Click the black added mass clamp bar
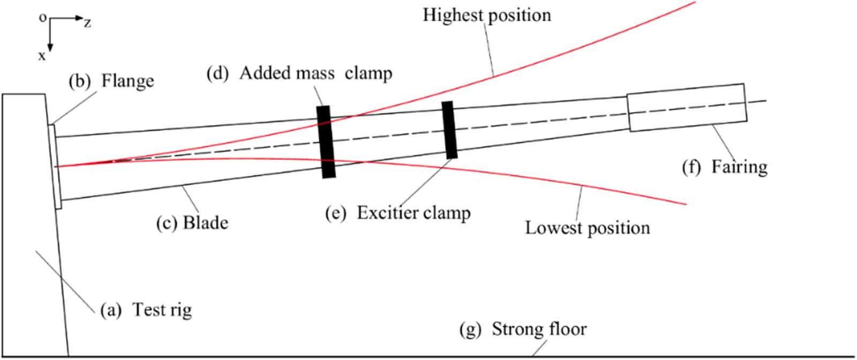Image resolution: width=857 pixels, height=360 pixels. [x=326, y=142]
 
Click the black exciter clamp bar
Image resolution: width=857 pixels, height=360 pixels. [x=449, y=130]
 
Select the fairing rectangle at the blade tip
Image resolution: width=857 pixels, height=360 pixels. [x=687, y=107]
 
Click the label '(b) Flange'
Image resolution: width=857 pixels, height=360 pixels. [x=111, y=81]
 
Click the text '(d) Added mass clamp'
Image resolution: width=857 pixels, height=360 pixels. [x=299, y=73]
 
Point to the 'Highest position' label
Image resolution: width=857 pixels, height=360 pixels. [x=486, y=15]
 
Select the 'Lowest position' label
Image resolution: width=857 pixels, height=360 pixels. [x=587, y=228]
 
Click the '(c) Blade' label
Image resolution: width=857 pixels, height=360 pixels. [x=192, y=222]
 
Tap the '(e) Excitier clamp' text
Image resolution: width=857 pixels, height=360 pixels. [x=398, y=213]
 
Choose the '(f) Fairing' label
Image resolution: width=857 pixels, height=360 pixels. [x=724, y=167]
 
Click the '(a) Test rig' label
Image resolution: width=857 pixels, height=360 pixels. [x=146, y=310]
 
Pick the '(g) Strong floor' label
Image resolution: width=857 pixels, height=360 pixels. [x=523, y=328]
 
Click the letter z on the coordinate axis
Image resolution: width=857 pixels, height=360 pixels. [x=87, y=22]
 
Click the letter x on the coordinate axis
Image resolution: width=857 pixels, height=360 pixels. [x=42, y=55]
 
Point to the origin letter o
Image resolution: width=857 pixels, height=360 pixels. [x=43, y=18]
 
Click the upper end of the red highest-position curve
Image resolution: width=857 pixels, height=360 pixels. [x=694, y=2]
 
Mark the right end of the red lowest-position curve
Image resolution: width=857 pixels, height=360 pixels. [x=686, y=204]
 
